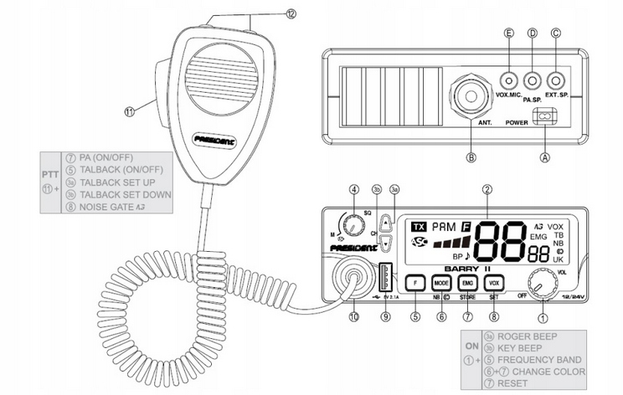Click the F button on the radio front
pos(416,283)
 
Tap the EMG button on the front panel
pos(468,283)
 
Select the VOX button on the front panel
pos(495,283)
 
